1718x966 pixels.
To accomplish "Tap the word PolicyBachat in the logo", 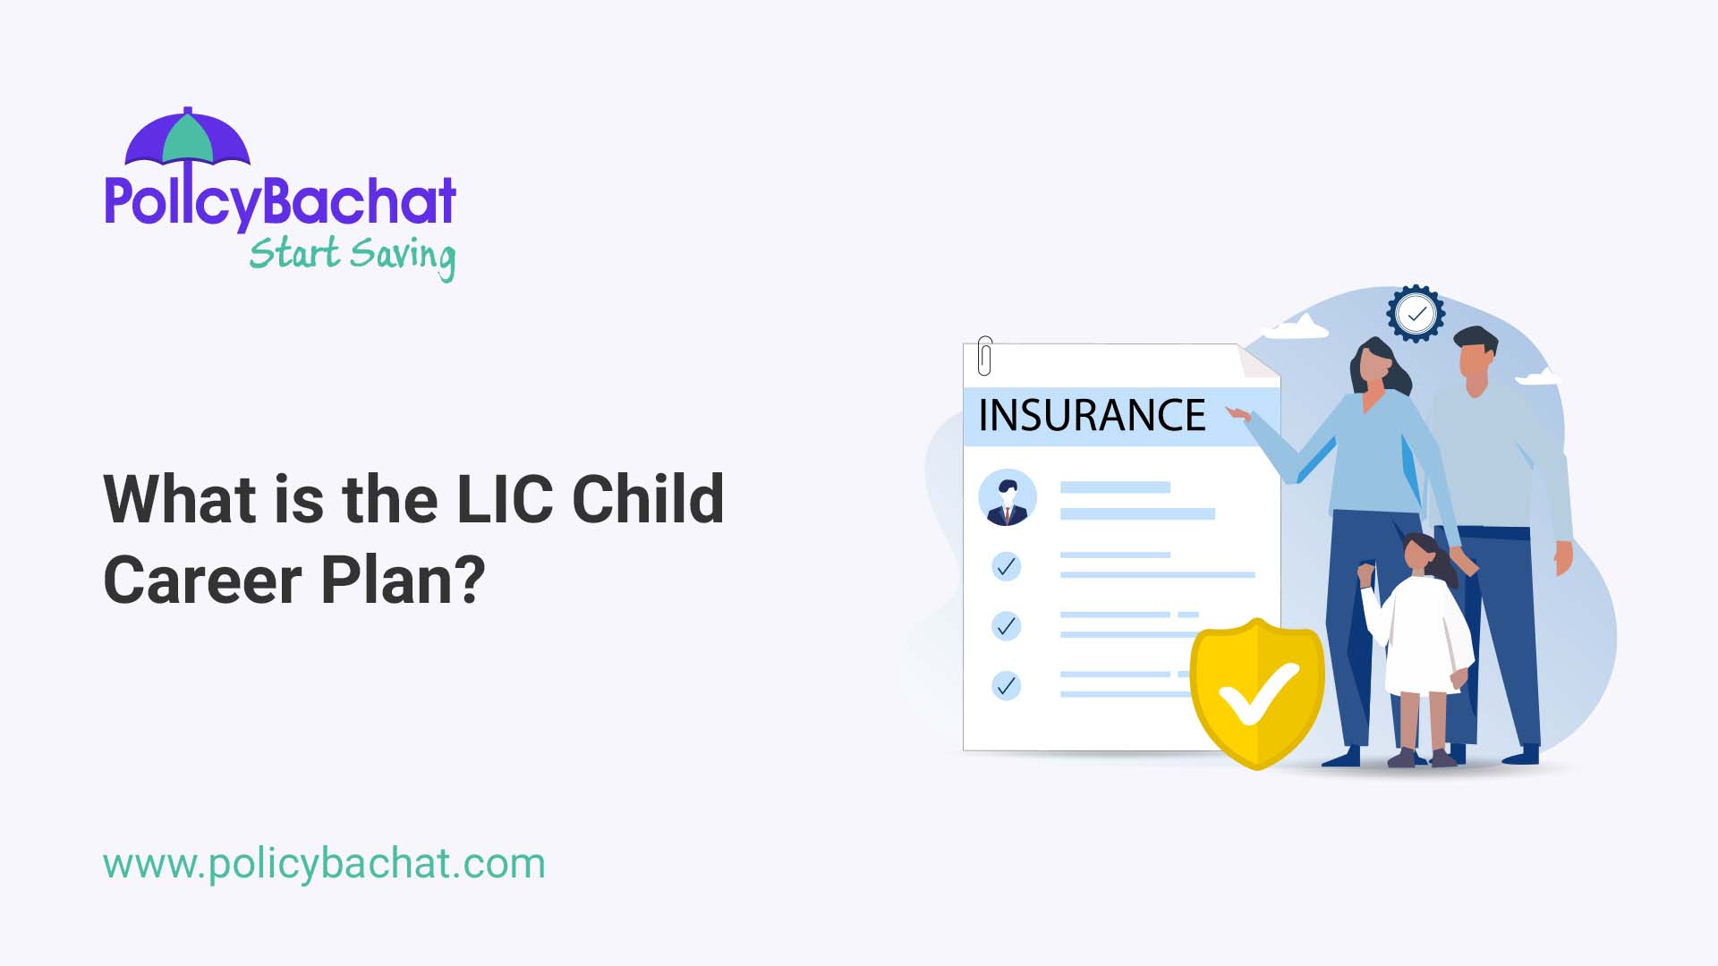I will click(x=280, y=201).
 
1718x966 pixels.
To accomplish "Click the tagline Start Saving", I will click(x=352, y=256).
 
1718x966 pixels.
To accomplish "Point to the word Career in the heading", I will click(x=202, y=580).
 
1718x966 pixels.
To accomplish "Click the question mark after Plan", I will click(x=468, y=580).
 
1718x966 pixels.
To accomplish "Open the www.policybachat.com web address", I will click(x=324, y=864).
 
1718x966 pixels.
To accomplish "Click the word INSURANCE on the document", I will click(x=1092, y=416).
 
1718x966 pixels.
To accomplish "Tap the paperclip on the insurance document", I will click(x=985, y=355).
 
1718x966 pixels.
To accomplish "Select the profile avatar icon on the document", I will click(x=1008, y=497).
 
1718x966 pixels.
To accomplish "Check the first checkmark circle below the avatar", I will click(x=1007, y=566).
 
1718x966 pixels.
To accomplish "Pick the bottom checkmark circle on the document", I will click(x=1007, y=686).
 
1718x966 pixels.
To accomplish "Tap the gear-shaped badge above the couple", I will click(x=1416, y=314).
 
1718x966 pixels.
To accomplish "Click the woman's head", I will click(x=1374, y=362).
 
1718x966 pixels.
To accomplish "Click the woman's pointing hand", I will click(x=1238, y=413).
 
